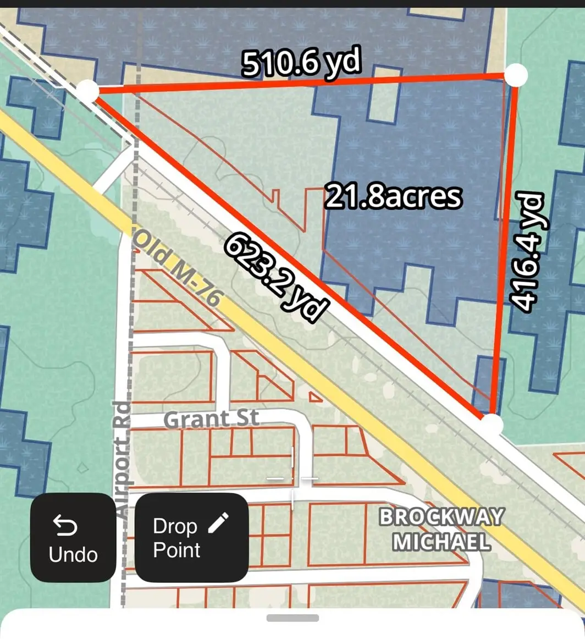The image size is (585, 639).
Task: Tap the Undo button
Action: click(x=73, y=537)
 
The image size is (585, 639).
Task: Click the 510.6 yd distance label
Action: click(x=301, y=64)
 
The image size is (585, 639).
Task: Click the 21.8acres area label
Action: click(x=393, y=196)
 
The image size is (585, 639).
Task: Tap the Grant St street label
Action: click(x=211, y=419)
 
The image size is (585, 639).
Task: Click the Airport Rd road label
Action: click(x=123, y=459)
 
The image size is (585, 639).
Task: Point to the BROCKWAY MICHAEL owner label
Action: click(x=441, y=530)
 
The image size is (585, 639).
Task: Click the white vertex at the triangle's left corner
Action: click(x=87, y=91)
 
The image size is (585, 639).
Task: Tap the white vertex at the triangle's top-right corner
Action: click(x=516, y=75)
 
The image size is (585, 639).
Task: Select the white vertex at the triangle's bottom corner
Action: click(x=492, y=425)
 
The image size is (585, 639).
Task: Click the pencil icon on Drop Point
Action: click(x=218, y=523)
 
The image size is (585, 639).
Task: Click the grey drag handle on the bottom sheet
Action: click(x=292, y=618)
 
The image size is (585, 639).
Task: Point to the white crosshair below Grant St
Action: click(x=292, y=478)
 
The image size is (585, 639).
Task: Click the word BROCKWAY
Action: click(x=441, y=517)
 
